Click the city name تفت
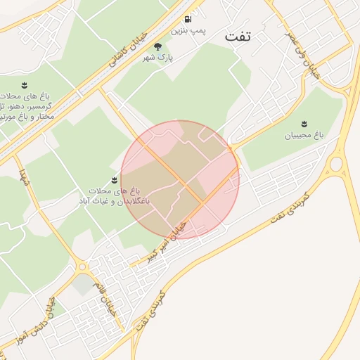237,37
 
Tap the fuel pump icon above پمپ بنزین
188,20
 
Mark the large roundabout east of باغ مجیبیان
336,165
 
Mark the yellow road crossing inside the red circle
202,203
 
